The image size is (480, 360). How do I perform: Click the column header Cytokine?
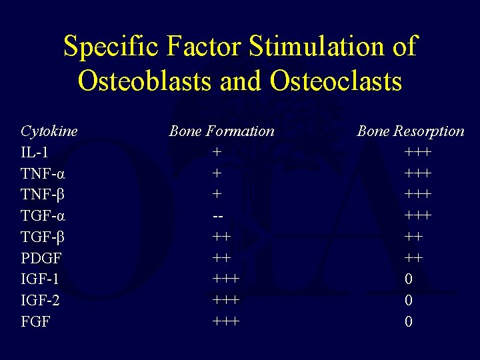pos(49,131)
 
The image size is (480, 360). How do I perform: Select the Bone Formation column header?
pos(221,131)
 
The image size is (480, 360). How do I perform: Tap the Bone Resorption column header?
pos(410,131)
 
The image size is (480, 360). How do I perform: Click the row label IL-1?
pos(35,153)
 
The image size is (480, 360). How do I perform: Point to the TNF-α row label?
pos(43,174)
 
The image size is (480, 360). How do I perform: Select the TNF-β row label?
pos(43,195)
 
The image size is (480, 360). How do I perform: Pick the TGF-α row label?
pos(43,216)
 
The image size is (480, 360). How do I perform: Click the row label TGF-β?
pos(43,237)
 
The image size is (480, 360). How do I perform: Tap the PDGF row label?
pos(41,258)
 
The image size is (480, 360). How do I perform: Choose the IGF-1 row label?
pos(39,279)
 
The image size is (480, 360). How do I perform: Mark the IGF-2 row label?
pos(40,301)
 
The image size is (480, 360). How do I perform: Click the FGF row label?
pos(35,322)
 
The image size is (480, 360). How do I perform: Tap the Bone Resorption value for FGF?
pos(409,322)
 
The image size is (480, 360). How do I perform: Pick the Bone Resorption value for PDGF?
pos(413,258)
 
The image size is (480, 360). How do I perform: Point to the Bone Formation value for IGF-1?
pos(225,279)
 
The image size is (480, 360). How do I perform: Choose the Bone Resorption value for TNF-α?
pos(417,174)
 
